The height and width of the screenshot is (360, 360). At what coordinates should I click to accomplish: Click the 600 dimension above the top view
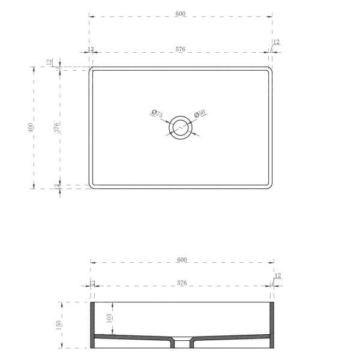[x=181, y=14]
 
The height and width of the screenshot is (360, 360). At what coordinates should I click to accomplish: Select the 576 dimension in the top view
[x=181, y=49]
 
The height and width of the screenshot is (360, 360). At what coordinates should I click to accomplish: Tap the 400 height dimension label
[x=31, y=128]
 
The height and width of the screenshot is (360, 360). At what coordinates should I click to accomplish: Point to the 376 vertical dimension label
[x=56, y=128]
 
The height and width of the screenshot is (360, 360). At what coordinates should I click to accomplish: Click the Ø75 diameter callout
[x=157, y=113]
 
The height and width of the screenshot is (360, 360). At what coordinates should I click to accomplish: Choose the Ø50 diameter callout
[x=199, y=113]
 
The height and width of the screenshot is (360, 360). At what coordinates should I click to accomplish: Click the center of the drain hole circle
[x=180, y=127]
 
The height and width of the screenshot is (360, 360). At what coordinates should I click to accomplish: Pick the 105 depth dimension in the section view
[x=109, y=318]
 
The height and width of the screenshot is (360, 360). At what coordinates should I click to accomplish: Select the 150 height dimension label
[x=59, y=325]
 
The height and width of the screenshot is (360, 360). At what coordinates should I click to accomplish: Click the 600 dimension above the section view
[x=182, y=260]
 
